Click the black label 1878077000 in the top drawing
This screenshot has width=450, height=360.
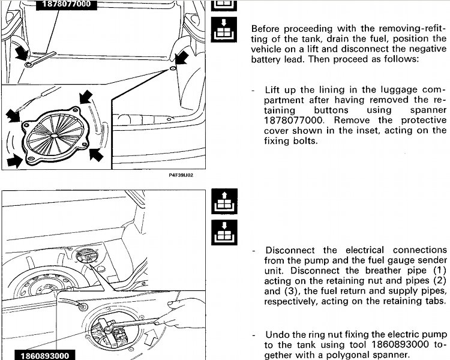pyautogui.click(x=66, y=4)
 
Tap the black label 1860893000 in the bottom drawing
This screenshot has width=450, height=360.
pyautogui.click(x=45, y=355)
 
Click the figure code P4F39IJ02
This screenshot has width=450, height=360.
pyautogui.click(x=181, y=175)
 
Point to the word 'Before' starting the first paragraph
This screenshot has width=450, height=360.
pyautogui.click(x=267, y=29)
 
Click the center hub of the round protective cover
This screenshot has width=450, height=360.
pyautogui.click(x=54, y=134)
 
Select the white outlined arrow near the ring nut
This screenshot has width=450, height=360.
pyautogui.click(x=151, y=337)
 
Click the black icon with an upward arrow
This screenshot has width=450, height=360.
pyautogui.click(x=224, y=201)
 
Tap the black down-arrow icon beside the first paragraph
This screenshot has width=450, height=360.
pyautogui.click(x=224, y=29)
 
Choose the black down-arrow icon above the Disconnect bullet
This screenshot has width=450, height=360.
pyautogui.click(x=224, y=233)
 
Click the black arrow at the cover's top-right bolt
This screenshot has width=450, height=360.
pyautogui.click(x=85, y=97)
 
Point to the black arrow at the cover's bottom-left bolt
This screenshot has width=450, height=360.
pyautogui.click(x=14, y=161)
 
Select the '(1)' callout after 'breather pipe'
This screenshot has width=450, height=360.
pyautogui.click(x=439, y=271)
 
